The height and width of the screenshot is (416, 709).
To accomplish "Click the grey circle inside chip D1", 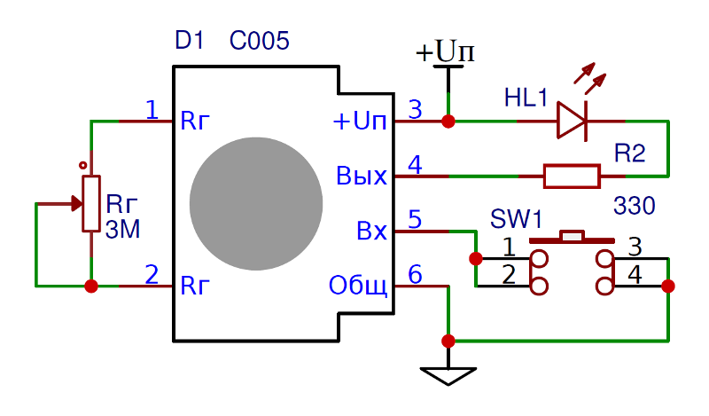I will (256, 203).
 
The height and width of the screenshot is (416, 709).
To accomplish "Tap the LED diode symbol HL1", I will (573, 121).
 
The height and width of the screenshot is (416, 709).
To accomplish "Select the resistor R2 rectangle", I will (572, 176).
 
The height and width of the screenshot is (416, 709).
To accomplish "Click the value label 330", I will (634, 207).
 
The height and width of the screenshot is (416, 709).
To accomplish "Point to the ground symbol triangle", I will (448, 376).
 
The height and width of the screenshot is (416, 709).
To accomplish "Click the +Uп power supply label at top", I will (446, 52).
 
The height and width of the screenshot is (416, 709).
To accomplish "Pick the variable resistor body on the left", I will (90, 203).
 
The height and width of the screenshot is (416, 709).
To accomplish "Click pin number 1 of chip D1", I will (152, 110).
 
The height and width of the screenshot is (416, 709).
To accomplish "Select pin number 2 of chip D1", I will (152, 275).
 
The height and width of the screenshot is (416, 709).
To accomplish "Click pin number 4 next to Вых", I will (415, 165).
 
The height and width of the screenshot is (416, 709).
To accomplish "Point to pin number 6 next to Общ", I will (415, 275).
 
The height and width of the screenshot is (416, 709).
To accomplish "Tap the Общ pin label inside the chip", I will (358, 286).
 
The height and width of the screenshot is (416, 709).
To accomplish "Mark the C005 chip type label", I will (259, 41).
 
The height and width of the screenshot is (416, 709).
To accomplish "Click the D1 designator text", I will (190, 41).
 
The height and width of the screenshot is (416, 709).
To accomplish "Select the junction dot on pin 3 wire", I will (448, 121).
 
